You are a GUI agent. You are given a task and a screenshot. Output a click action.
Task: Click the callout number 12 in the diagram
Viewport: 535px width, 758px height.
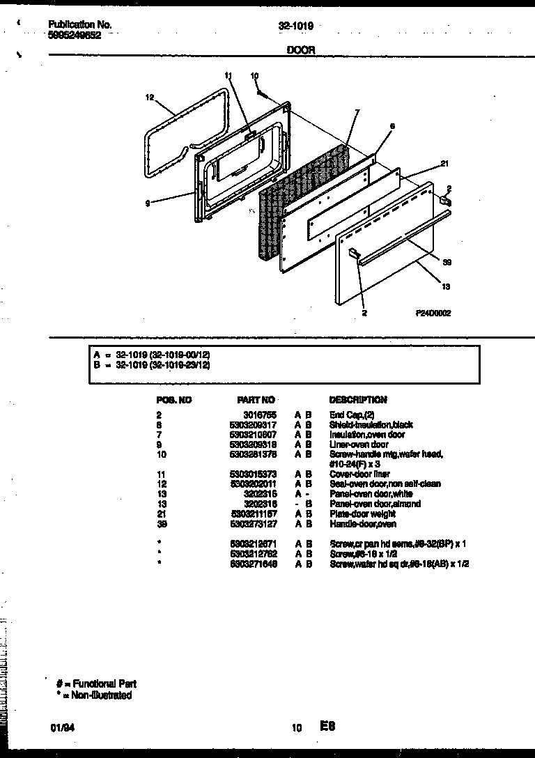149,98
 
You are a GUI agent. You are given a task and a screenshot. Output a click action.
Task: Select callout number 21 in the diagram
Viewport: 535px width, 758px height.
443,164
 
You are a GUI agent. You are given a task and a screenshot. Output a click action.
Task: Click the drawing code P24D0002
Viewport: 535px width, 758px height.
433,314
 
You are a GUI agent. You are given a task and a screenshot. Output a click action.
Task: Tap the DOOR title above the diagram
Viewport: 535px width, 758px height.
301,50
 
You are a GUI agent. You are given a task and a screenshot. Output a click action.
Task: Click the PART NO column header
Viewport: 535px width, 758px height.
256,400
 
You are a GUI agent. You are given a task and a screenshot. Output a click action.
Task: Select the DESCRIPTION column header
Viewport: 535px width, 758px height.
357,400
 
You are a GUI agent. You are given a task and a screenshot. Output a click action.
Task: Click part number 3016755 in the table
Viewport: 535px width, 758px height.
263,415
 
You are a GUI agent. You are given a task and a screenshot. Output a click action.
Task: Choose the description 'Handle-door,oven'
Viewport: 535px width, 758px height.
363,524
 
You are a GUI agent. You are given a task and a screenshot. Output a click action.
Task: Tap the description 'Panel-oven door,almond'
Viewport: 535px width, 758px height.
375,504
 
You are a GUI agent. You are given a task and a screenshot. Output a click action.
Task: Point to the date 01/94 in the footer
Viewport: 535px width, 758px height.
61,728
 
